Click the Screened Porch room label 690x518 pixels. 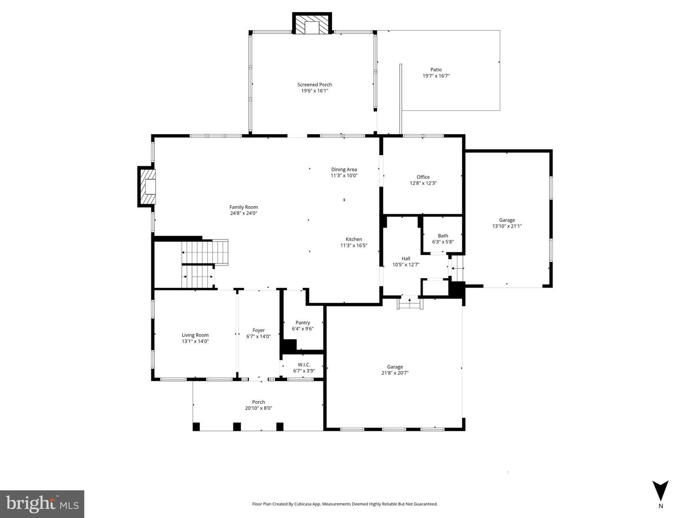pos(314,85)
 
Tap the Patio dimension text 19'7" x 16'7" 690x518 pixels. pos(436,76)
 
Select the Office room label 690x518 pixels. pos(423,177)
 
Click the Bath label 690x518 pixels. pos(443,236)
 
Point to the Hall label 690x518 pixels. pos(405,259)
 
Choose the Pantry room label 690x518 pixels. pos(302,322)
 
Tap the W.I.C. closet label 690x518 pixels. pos(304,365)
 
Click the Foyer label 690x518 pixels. pos(258,330)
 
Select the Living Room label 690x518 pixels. pos(195,335)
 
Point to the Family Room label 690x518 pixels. pos(243,207)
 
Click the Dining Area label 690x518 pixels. pos(344,169)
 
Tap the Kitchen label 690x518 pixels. pos(354,239)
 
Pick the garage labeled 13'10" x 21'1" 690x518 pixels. pos(506,223)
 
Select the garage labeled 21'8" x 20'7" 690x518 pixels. pos(395,370)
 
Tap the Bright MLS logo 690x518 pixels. pos(42,504)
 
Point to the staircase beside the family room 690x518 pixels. pos(204,264)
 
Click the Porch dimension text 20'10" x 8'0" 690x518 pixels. pos(258,408)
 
